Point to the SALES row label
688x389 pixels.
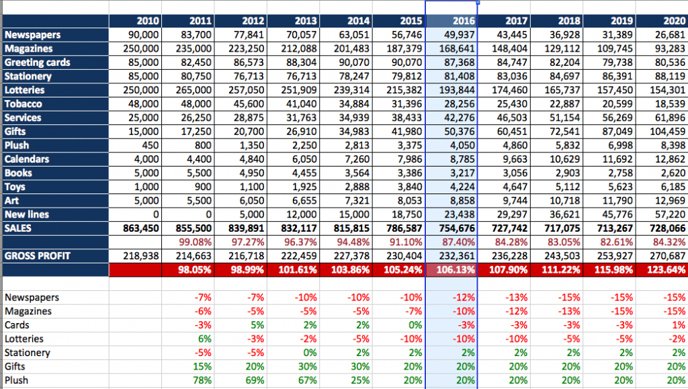click(18, 228)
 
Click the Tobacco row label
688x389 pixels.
click(24, 104)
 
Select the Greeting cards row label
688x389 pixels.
click(37, 62)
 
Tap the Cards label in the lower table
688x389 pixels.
click(17, 325)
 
